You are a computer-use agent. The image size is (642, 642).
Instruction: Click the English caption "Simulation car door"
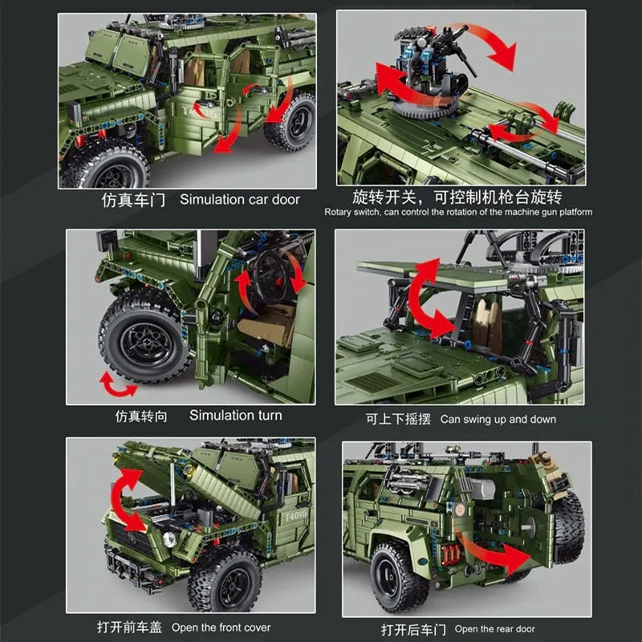coord(239,199)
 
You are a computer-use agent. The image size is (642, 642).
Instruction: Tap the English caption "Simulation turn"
coord(235,415)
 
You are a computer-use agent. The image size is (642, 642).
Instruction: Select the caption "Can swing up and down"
coord(498,419)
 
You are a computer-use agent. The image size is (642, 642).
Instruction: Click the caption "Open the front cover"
coord(221,628)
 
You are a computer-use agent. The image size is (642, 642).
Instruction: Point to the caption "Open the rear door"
coord(494,629)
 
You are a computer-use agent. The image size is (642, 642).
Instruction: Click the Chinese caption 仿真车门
coord(133,200)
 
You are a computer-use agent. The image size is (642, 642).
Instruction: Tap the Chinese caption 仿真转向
coord(141,416)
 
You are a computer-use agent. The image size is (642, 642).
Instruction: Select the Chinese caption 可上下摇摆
coord(398,419)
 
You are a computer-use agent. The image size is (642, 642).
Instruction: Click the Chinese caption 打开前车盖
coord(129,628)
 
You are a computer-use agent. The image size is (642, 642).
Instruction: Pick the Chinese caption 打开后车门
coord(413,629)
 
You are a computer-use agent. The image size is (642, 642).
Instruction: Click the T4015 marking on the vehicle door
coord(295,516)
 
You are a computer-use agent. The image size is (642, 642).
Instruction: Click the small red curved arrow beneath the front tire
coord(118,385)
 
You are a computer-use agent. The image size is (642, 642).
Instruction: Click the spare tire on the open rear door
coord(568,528)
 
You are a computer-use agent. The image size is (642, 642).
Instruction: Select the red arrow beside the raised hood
coord(127,500)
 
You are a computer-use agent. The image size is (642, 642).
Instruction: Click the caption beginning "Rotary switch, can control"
coord(458,212)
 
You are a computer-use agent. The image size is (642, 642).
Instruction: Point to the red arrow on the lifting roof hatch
coord(430,299)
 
